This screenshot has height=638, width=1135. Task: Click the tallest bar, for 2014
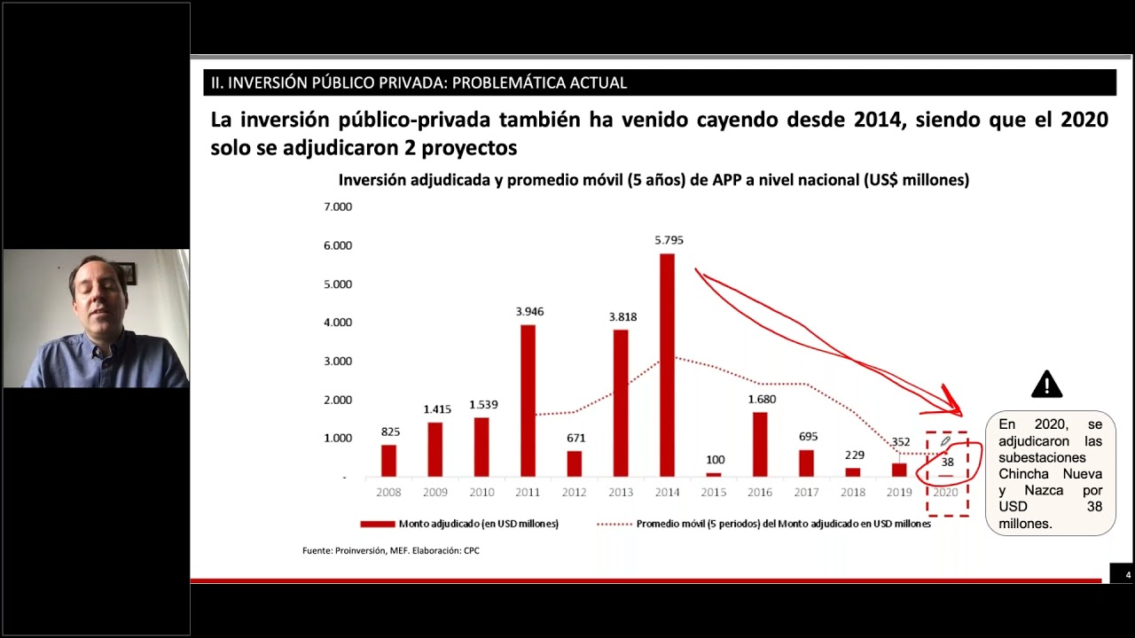tap(667, 365)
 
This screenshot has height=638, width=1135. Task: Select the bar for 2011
tap(528, 401)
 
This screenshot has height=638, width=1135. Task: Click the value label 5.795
tap(669, 240)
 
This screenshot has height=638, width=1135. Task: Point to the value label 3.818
tap(622, 316)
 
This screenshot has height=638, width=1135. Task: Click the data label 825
tap(390, 432)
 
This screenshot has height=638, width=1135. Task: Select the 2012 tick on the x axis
tap(574, 492)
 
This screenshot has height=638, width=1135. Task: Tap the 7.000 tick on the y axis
tap(338, 206)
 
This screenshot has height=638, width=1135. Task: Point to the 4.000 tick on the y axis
tap(338, 323)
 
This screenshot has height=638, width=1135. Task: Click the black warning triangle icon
tap(1046, 385)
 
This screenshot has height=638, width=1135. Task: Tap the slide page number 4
tap(1128, 575)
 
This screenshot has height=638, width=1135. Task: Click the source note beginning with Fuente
tap(390, 550)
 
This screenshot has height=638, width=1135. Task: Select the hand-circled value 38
tap(947, 462)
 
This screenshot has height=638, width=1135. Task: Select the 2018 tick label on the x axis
tap(852, 492)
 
